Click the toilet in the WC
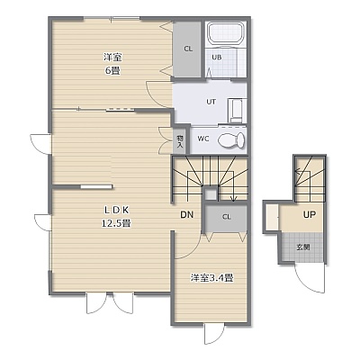[x=231, y=140]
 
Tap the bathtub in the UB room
[x=226, y=32]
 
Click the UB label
[x=217, y=57]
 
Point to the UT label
[x=211, y=102]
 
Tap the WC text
[x=202, y=139]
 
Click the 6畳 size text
[x=112, y=71]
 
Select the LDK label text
[x=116, y=211]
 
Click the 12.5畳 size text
[x=116, y=223]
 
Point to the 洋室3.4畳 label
[x=212, y=278]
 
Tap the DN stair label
[x=186, y=214]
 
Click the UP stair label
[x=309, y=214]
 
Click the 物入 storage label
[x=180, y=141]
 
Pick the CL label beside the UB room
[x=188, y=49]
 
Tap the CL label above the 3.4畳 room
[x=227, y=217]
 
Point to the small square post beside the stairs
[x=211, y=194]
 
